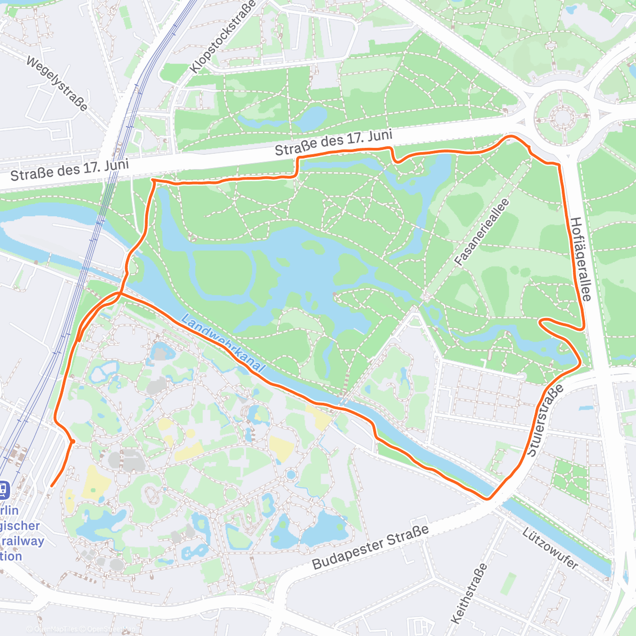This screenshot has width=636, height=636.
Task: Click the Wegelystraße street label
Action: pyautogui.click(x=57, y=84)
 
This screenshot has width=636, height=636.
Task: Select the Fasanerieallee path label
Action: pyautogui.click(x=482, y=232)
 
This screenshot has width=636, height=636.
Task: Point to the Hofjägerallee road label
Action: pyautogui.click(x=580, y=259)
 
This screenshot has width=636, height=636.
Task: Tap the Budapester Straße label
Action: pyautogui.click(x=370, y=547)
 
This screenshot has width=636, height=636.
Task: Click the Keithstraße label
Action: pyautogui.click(x=469, y=594)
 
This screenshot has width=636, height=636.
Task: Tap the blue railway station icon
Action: pyautogui.click(x=3, y=489)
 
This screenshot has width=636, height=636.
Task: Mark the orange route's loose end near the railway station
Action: pyautogui.click(x=51, y=485)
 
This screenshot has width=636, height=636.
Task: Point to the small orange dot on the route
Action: pyautogui.click(x=73, y=441)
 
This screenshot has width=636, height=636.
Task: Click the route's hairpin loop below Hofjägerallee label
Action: pyautogui.click(x=542, y=322)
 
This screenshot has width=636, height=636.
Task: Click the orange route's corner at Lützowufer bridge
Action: pyautogui.click(x=487, y=498)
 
